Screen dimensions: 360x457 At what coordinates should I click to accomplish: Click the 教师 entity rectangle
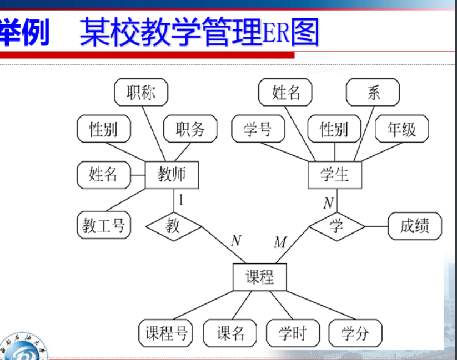coord(172,175)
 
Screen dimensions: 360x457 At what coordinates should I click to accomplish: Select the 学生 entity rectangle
coord(335,175)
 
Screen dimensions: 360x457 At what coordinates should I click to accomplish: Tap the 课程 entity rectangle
coord(259,276)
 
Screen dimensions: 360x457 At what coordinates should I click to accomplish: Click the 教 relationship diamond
coord(173,226)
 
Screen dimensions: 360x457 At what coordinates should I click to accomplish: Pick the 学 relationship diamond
coord(337,226)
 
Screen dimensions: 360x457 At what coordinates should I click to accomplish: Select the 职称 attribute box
coord(141,93)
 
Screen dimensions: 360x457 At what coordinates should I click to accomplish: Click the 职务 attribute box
coord(190,129)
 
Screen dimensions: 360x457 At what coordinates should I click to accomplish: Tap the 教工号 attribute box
coord(103,226)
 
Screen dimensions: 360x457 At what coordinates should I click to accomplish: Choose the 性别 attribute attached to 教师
coord(103,129)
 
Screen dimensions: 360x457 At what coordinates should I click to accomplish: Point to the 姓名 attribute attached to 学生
coord(286,93)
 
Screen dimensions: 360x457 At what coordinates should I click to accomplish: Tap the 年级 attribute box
coord(401,129)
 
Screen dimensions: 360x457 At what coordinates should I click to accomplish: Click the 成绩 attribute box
coord(415,226)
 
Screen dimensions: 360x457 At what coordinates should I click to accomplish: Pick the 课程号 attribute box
coord(165,333)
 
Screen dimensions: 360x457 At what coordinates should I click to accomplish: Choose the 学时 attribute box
coord(292,333)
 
